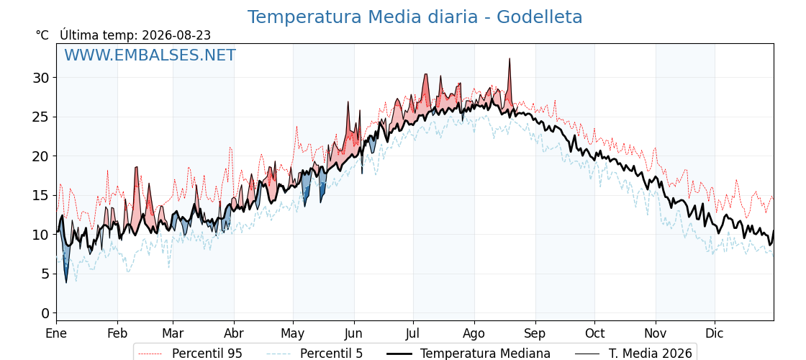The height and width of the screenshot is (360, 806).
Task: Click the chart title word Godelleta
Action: pyautogui.click(x=539, y=17)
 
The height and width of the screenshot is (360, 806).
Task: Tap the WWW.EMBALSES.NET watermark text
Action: pyautogui.click(x=150, y=55)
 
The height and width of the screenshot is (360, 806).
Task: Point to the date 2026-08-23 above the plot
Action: pyautogui.click(x=176, y=35)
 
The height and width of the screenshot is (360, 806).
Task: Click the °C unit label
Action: pyautogui.click(x=42, y=35)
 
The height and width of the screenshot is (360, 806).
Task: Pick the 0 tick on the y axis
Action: pyautogui.click(x=46, y=313)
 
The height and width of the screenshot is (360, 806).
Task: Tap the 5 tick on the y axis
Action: pyautogui.click(x=46, y=274)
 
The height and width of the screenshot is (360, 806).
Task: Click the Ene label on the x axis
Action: pyautogui.click(x=57, y=334)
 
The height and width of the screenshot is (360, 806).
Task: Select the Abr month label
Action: pyautogui.click(x=234, y=334)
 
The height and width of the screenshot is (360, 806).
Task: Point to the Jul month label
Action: pyautogui.click(x=413, y=334)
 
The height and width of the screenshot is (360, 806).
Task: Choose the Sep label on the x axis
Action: pyautogui.click(x=535, y=334)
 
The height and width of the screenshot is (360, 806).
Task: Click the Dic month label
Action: pyautogui.click(x=715, y=334)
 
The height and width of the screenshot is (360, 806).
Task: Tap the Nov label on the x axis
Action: pyautogui.click(x=656, y=334)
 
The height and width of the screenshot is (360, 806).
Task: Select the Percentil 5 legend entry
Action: pyautogui.click(x=315, y=354)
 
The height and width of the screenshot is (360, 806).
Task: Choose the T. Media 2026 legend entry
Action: pyautogui.click(x=634, y=354)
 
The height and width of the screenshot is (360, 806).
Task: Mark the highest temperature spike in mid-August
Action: pyautogui.click(x=510, y=59)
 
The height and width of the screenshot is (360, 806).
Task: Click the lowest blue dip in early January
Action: pyautogui.click(x=65, y=282)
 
